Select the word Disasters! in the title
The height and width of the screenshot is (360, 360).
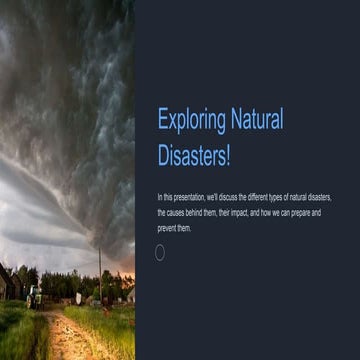[194, 157]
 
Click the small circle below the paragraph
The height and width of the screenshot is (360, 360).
[160, 252]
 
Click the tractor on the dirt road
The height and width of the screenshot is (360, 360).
[34, 294]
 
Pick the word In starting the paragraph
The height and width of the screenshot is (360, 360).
[160, 199]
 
